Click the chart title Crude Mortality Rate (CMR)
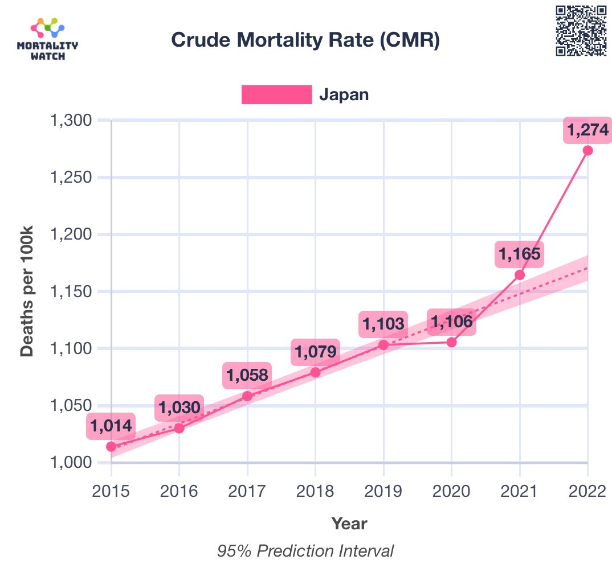coord(305,40)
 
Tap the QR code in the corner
coord(581,31)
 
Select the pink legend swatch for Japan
coord(276,94)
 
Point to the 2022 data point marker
coord(587,150)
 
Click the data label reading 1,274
coord(587,130)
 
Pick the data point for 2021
coord(520,275)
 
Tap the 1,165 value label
coord(519,254)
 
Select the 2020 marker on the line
coord(451,342)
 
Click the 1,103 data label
coord(383,324)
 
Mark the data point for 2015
coord(111,446)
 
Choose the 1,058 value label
coord(247,375)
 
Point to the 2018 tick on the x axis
coord(315,491)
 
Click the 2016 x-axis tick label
coord(179,491)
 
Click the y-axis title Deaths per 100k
coord(27,291)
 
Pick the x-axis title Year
coord(349,523)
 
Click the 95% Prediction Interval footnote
coord(305,551)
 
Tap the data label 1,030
coord(179,408)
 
